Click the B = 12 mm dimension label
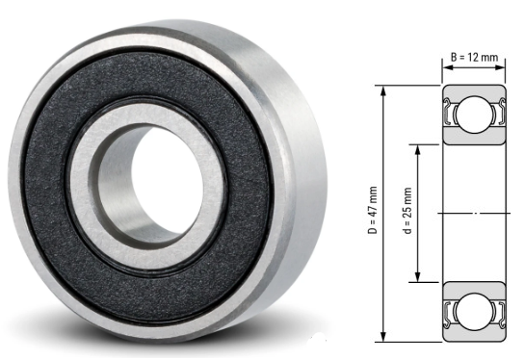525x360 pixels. pos(474,57)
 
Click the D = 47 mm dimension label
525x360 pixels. pos(373,210)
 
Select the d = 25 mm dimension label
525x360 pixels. pos(407,211)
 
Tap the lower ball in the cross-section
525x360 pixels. pos(473,312)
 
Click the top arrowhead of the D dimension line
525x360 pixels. pos(383,91)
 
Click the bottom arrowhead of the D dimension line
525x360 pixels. pos(383,336)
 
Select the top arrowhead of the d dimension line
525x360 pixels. pos(417,151)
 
